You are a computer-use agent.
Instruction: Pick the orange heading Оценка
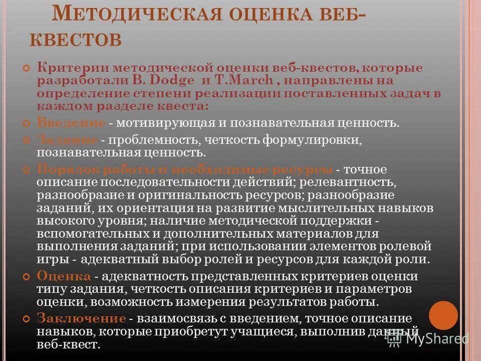(64, 276)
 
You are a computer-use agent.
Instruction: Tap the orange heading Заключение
(81, 318)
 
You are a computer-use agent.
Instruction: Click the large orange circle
(443, 315)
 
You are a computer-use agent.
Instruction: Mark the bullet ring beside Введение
(28, 123)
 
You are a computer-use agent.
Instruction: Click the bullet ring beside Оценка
(28, 276)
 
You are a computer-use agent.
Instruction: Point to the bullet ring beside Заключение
(28, 318)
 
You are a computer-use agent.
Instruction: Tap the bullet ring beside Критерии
(28, 68)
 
